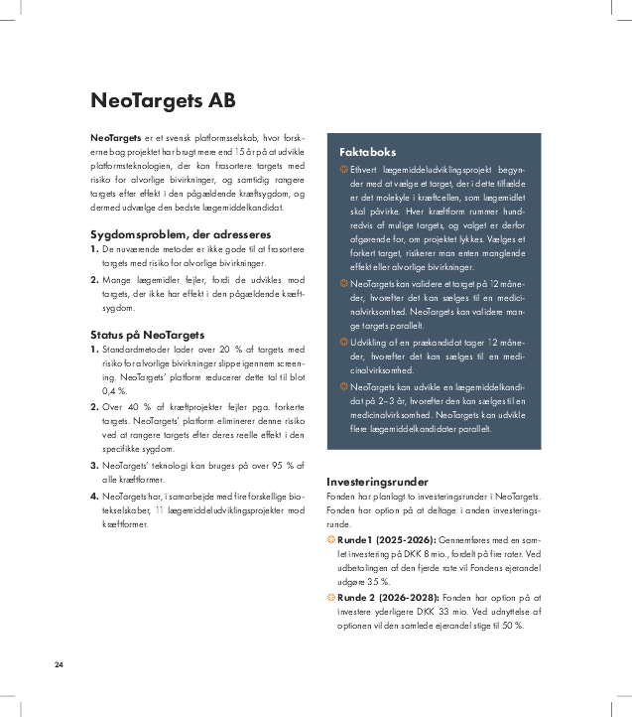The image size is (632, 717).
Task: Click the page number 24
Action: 61,663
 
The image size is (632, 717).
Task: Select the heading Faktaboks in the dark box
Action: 367,152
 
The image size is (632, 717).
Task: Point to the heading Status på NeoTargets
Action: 147,335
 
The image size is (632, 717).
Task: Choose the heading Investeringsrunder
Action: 378,481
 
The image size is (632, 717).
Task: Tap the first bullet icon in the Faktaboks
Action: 343,170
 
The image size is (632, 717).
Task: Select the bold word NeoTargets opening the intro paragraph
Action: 115,136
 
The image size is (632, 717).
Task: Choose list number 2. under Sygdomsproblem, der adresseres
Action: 94,281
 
